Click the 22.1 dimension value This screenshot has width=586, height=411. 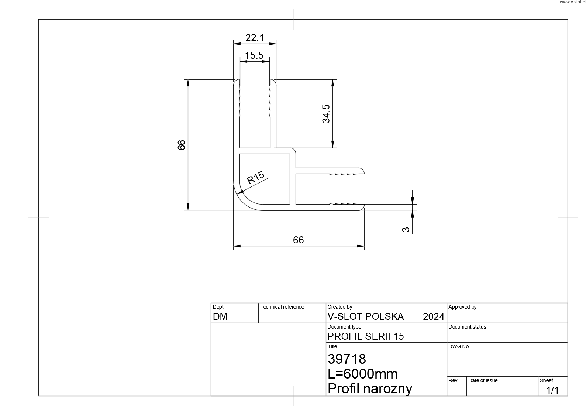point(255,38)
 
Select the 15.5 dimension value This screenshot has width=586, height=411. point(254,55)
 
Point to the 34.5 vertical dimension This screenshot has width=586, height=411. point(326,114)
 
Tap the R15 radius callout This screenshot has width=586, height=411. point(256,178)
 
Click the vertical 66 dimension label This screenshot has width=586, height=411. point(181,145)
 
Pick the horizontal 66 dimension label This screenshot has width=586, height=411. point(298,240)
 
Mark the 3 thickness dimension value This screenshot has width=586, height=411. point(406,230)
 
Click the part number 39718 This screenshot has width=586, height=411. point(347,359)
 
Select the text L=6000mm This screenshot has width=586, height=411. point(363,374)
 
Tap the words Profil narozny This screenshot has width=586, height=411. point(370,389)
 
